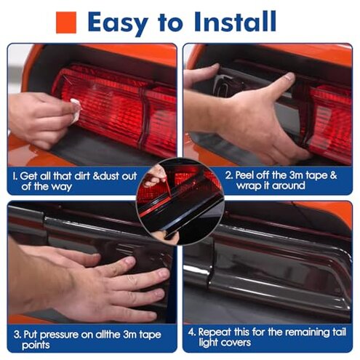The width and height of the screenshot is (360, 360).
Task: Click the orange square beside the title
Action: (x=66, y=23)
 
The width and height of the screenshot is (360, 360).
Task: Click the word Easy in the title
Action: (x=118, y=23)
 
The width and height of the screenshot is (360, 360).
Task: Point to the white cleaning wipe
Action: (x=76, y=111)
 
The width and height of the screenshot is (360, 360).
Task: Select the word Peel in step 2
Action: (x=245, y=175)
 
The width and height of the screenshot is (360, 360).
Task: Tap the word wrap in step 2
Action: (x=249, y=186)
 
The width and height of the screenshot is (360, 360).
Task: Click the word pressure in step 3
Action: (x=59, y=335)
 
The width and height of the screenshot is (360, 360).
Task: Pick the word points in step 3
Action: (x=36, y=345)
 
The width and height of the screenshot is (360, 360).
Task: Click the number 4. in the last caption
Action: (x=192, y=332)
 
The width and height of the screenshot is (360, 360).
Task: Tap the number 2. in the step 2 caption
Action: (x=229, y=175)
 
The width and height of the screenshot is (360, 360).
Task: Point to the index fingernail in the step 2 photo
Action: (x=289, y=76)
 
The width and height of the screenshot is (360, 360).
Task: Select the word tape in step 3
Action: (x=150, y=335)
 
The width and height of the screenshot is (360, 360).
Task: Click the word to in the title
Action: (x=170, y=23)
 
